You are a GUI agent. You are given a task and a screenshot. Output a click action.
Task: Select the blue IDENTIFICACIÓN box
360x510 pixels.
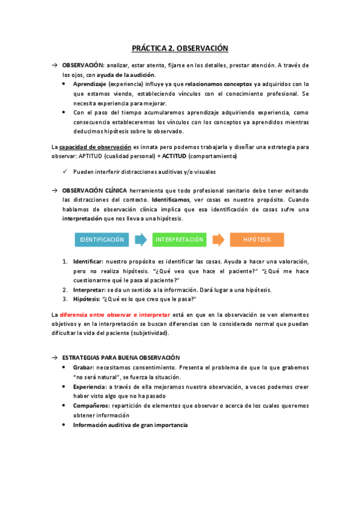coord(102,239)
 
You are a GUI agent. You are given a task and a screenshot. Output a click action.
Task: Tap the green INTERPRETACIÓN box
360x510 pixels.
coord(180,239)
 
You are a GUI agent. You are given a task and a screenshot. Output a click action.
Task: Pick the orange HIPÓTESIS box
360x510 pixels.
coord(257,239)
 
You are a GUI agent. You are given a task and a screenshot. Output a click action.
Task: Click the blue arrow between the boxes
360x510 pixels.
coord(141,239)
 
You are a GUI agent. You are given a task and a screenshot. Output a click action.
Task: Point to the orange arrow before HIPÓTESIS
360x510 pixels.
coord(219,239)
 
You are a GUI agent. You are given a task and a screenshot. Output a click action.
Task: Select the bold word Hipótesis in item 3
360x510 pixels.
coord(87,299)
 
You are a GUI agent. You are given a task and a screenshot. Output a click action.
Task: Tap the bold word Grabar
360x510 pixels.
coord(84,367)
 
